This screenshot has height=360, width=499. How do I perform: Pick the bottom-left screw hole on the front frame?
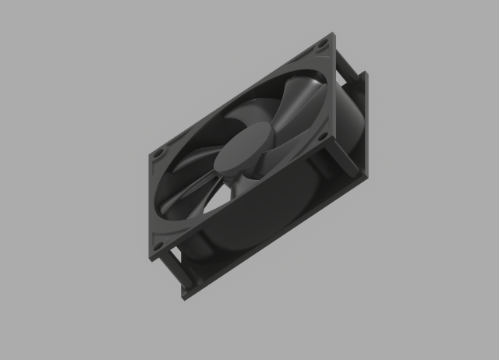point(158,249)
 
